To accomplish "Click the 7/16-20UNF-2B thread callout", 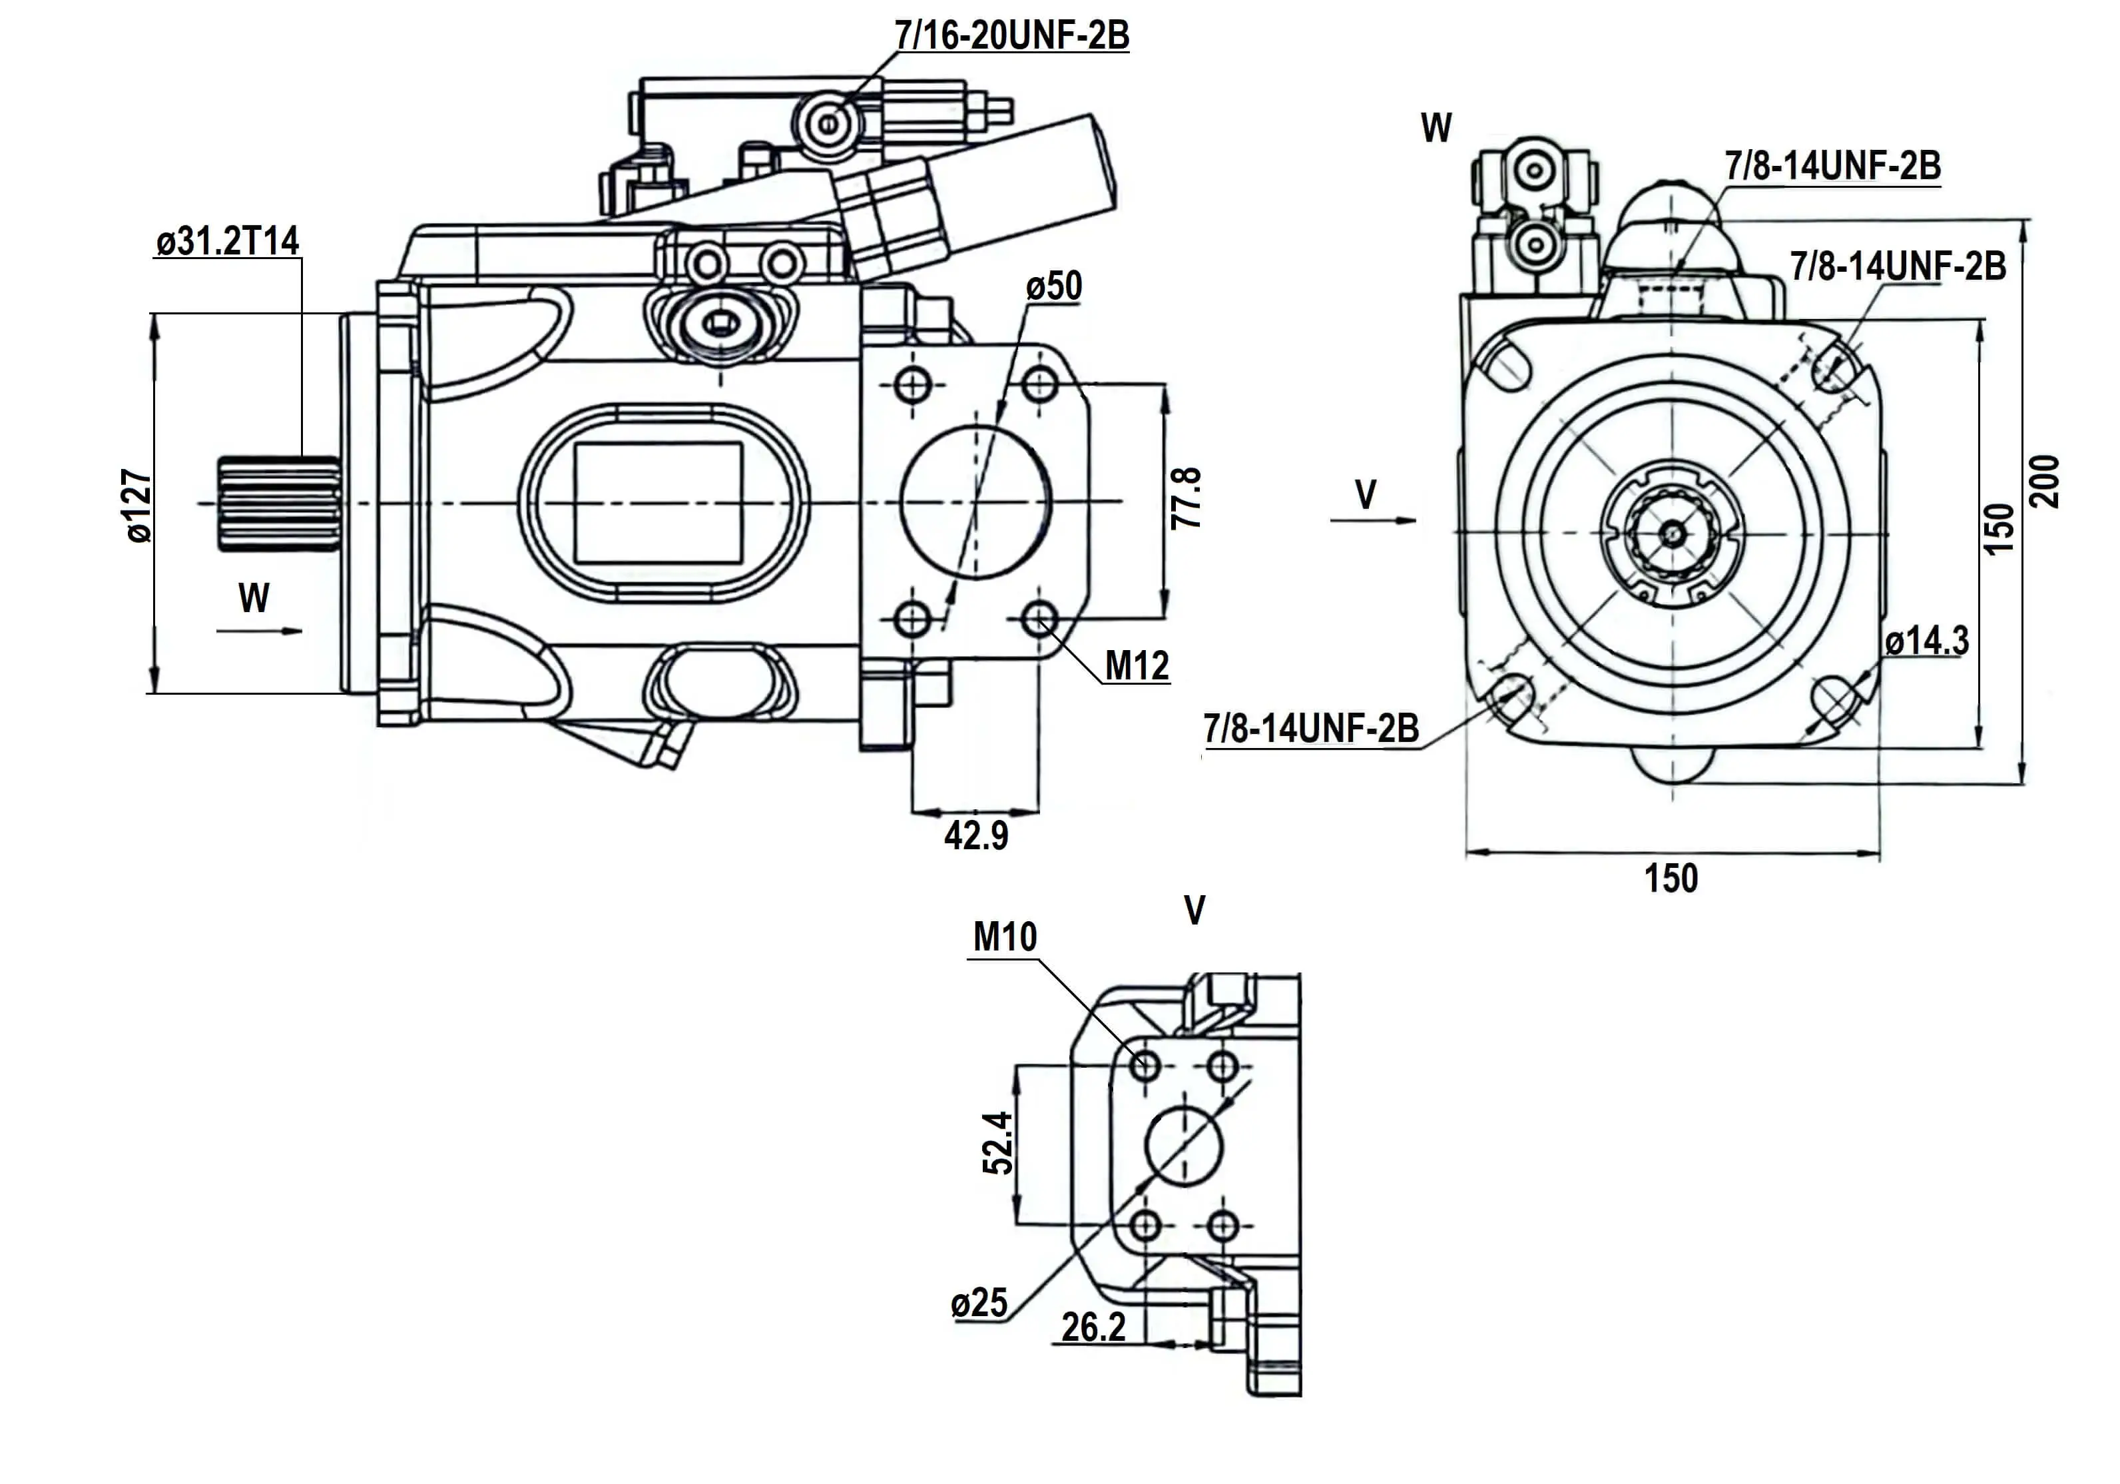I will [x=1011, y=35].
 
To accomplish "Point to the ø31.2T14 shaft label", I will [x=227, y=241].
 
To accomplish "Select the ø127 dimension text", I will [x=138, y=506].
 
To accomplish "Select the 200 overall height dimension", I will [x=2046, y=481].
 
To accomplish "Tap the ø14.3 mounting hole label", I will [x=1926, y=640].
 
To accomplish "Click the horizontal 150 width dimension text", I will [x=1671, y=878].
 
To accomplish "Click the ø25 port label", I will [x=979, y=1303].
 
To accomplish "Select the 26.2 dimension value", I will [x=1093, y=1328].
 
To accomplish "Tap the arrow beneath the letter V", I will [x=1373, y=521].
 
